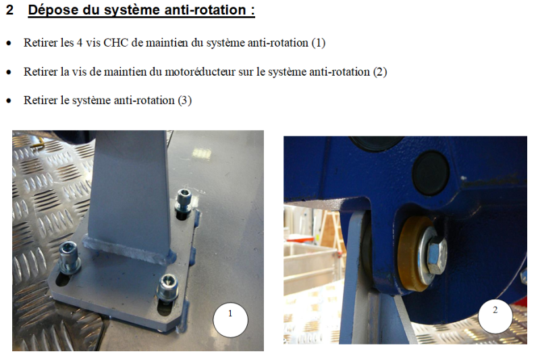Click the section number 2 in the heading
pyautogui.click(x=9, y=9)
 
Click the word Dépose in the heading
pyautogui.click(x=53, y=10)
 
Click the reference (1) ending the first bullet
pyautogui.click(x=319, y=43)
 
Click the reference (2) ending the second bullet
pyautogui.click(x=380, y=72)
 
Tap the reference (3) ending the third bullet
pyautogui.click(x=185, y=100)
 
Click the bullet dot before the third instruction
pyautogui.click(x=9, y=101)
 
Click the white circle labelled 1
pyautogui.click(x=230, y=319)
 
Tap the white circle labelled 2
pyautogui.click(x=495, y=316)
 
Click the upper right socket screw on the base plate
pyautogui.click(x=183, y=201)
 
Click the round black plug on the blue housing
pyautogui.click(x=431, y=172)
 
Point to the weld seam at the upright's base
pyautogui.click(x=129, y=249)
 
